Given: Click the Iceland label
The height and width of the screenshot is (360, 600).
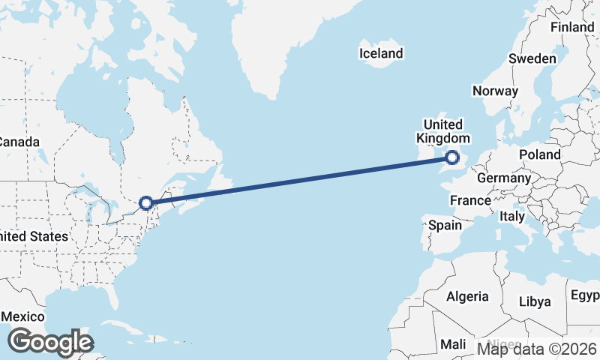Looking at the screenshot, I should click(x=381, y=53).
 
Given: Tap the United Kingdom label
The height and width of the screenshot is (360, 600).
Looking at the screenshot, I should click(x=443, y=131).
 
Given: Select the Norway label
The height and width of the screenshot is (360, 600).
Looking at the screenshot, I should click(x=495, y=91).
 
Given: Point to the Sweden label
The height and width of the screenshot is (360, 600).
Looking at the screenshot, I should click(x=532, y=58).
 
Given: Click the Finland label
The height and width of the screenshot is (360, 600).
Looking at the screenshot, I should click(x=572, y=27).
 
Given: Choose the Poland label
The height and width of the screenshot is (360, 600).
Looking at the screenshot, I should click(x=539, y=154).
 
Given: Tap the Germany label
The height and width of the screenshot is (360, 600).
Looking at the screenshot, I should click(x=504, y=178).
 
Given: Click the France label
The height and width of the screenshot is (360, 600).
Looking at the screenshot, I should click(x=470, y=201).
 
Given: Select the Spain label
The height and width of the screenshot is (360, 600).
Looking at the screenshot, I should click(x=445, y=224).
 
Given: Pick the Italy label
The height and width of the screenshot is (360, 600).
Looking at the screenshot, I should click(x=512, y=216).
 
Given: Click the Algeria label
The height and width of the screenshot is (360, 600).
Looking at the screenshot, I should click(x=468, y=296).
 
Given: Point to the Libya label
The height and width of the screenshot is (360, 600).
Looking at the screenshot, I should click(x=535, y=301).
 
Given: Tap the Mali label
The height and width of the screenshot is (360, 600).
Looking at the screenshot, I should click(x=453, y=344).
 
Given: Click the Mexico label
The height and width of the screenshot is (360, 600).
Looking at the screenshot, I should click(x=23, y=317).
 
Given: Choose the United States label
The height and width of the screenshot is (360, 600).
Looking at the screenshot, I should click(x=34, y=236).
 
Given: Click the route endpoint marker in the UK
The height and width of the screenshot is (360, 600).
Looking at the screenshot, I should click(x=452, y=157).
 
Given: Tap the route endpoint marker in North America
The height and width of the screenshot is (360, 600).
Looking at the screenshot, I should click(x=146, y=202).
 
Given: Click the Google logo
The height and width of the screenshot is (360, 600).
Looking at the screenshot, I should click(x=50, y=342).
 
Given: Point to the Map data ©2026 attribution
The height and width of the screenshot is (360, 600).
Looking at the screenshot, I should click(x=537, y=348).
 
